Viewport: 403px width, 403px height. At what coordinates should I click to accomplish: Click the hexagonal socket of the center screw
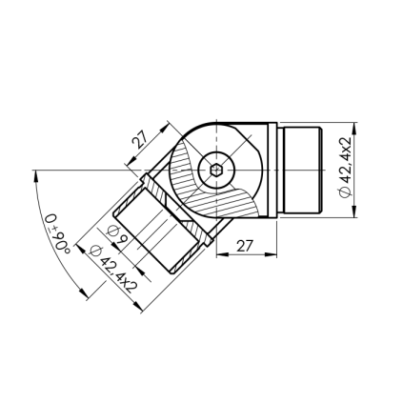(216, 170)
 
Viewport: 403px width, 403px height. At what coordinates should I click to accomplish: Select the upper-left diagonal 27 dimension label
(139, 140)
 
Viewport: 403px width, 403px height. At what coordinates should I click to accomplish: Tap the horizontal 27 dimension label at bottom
(245, 246)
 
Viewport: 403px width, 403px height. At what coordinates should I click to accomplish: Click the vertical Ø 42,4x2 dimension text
(345, 167)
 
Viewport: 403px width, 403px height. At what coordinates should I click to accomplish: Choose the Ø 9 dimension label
(117, 234)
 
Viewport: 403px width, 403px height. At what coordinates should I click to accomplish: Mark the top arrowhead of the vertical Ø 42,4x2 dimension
(354, 130)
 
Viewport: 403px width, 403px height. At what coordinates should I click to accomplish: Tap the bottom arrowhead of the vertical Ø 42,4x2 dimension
(354, 211)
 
